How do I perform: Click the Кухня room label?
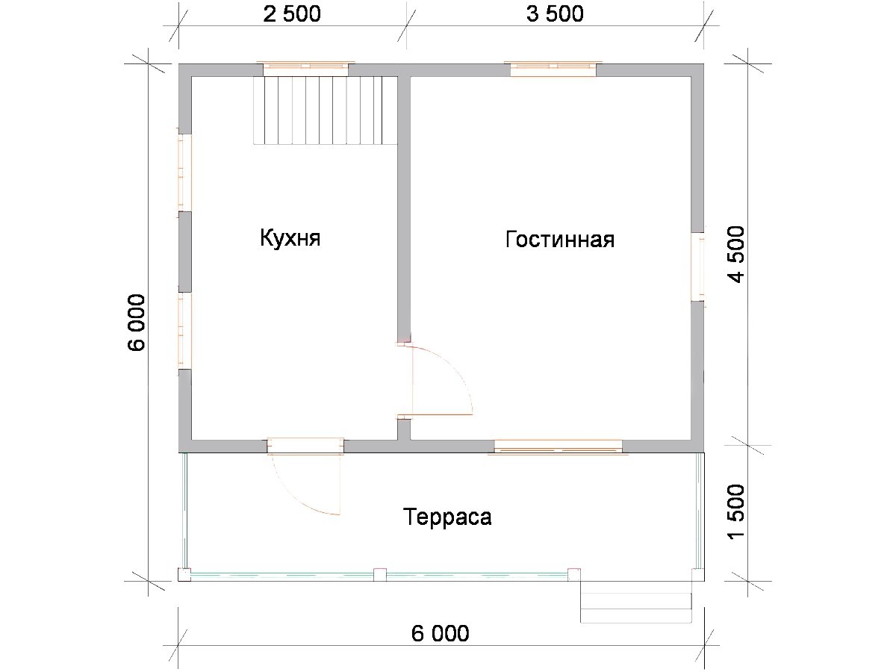point(290,238)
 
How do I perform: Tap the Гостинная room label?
point(560,239)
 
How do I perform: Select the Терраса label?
point(447,517)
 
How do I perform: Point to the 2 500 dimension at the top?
point(292,14)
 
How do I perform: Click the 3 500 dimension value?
point(555,14)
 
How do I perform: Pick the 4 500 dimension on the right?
point(736,254)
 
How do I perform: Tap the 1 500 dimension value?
point(736,512)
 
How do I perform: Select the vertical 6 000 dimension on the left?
point(137,323)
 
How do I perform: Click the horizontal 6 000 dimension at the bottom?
point(440,633)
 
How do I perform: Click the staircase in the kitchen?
point(326,111)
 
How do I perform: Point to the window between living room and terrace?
point(558,447)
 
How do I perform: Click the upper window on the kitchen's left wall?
point(184,172)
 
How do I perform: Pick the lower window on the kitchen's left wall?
point(184,331)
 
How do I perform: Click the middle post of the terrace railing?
point(380,575)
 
